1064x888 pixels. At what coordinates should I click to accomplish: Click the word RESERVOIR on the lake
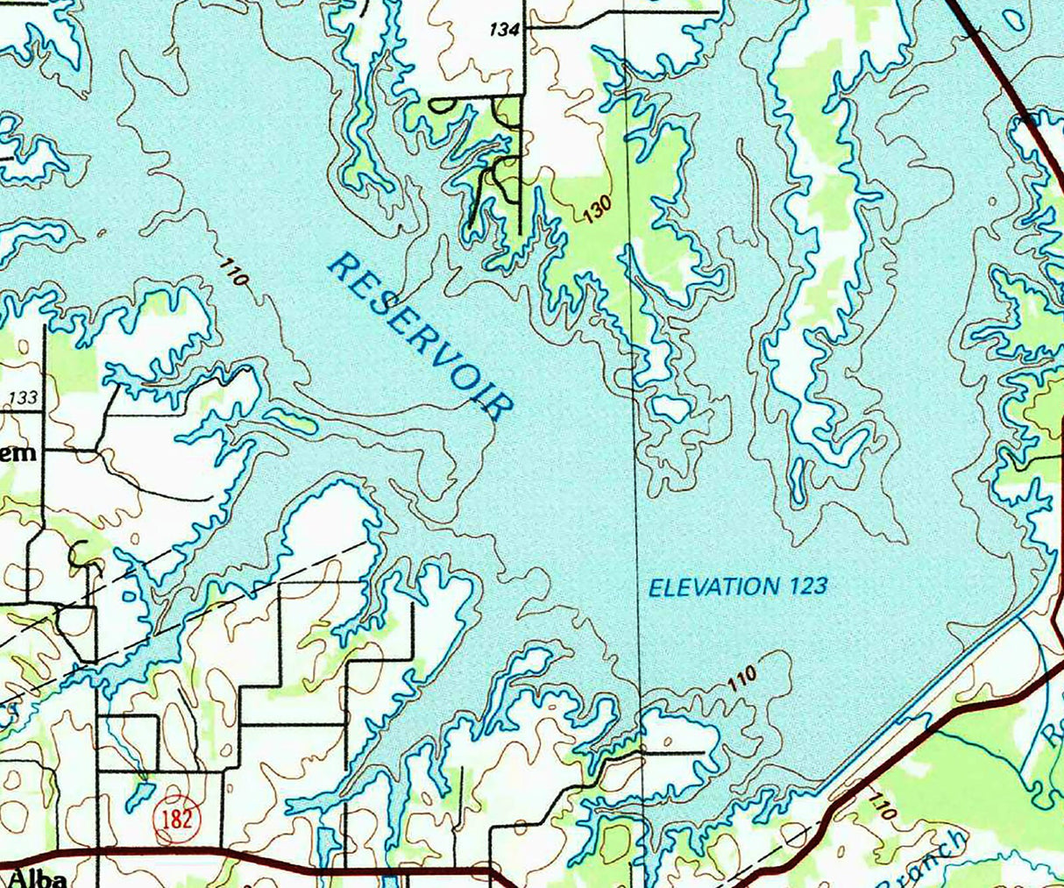click(419, 337)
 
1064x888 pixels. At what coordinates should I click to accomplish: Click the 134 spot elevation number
click(505, 30)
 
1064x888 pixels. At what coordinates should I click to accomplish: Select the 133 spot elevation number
click(23, 398)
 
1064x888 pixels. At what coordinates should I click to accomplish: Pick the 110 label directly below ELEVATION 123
click(741, 679)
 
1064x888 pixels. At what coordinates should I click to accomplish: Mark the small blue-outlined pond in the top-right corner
click(1014, 19)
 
